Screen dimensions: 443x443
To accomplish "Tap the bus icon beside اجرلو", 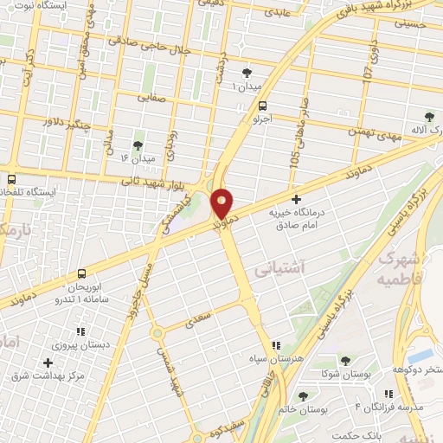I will tap(261, 105).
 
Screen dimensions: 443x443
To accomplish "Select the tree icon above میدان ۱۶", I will tap(137, 144).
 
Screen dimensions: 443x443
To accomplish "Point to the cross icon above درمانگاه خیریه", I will tap(296, 199).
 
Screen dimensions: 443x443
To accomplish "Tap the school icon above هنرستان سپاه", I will tap(276, 344).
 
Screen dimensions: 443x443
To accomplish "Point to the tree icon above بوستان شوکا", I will tap(345, 360).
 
